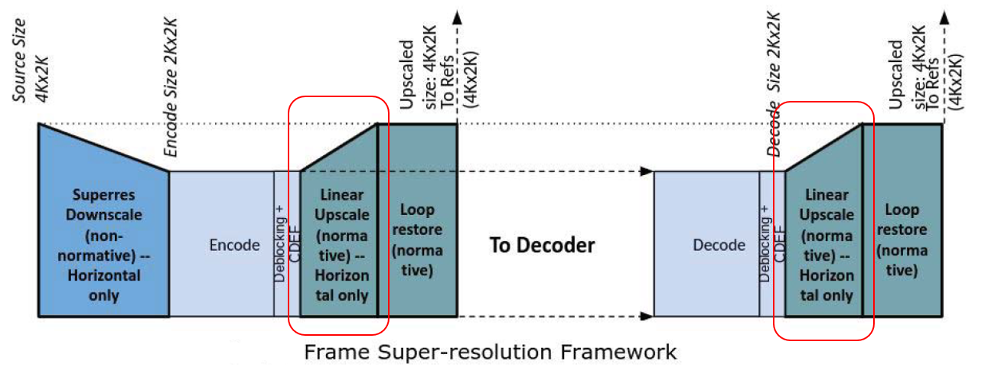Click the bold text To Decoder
point(542,246)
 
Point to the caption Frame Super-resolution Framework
point(490,352)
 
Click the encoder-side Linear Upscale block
point(341,245)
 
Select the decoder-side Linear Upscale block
point(825,245)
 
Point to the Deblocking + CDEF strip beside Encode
point(286,245)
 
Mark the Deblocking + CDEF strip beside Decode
point(772,245)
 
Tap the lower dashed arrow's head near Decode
point(647,315)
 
